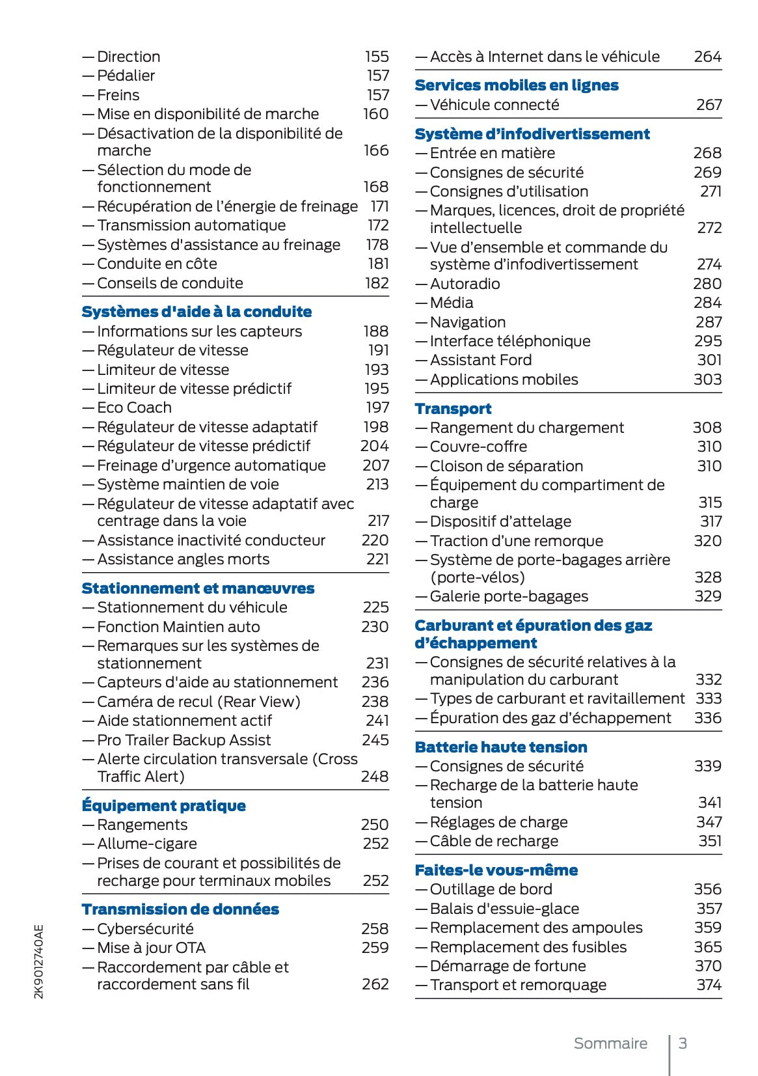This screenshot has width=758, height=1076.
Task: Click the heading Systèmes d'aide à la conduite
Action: tap(196, 312)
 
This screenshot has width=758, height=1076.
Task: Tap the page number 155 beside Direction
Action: tap(377, 57)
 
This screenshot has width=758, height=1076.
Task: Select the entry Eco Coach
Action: tap(134, 407)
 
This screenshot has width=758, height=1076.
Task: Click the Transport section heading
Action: tap(453, 409)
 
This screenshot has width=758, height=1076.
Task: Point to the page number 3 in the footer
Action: tap(683, 1043)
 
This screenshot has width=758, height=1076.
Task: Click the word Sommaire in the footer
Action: tap(610, 1043)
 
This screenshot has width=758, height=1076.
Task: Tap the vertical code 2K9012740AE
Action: tap(40, 961)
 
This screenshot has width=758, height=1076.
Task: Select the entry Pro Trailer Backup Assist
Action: tap(183, 740)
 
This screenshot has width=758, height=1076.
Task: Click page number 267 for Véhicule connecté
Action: tap(709, 105)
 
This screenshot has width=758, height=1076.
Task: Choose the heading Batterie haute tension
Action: tap(500, 747)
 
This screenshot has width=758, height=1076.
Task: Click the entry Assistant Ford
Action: tap(480, 360)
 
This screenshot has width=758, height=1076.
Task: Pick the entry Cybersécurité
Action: tap(145, 929)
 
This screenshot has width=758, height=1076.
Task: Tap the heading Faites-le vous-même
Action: tap(496, 870)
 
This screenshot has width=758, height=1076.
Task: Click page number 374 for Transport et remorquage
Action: tap(709, 985)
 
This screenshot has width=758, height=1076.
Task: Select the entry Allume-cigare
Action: tap(146, 844)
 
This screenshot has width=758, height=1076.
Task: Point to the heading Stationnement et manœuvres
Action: tap(198, 588)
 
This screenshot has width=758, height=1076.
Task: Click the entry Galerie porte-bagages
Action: tap(509, 596)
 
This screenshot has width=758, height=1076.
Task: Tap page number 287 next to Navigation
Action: tap(709, 322)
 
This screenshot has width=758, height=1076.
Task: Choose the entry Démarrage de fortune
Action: tap(508, 966)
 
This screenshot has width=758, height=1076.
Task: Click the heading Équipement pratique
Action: tap(163, 806)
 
